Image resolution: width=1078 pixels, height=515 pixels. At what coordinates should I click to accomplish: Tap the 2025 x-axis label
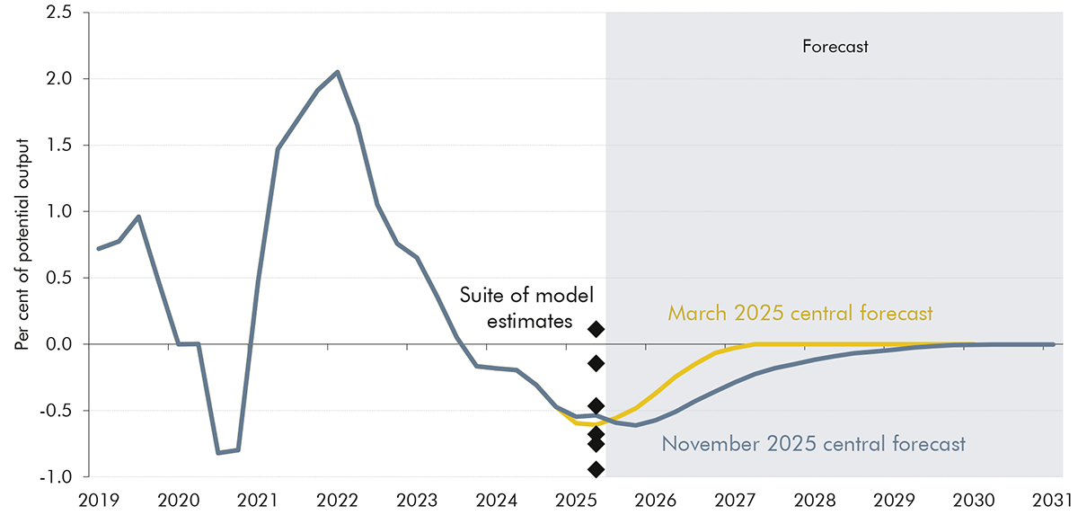(576, 498)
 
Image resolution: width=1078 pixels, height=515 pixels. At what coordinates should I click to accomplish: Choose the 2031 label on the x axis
(1056, 498)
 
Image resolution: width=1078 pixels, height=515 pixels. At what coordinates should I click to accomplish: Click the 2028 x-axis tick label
(816, 498)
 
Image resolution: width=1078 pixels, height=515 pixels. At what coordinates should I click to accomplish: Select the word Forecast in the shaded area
(835, 47)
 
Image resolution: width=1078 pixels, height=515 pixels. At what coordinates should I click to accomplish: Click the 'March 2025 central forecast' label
(800, 314)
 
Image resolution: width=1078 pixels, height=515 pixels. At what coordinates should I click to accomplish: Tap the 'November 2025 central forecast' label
(813, 443)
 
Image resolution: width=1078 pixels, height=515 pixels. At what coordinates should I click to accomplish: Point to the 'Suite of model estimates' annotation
(527, 307)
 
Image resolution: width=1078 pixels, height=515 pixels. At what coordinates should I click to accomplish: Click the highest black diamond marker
(596, 329)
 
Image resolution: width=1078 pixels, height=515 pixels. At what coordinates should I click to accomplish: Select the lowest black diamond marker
(596, 469)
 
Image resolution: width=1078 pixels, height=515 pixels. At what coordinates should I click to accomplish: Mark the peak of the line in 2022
(337, 72)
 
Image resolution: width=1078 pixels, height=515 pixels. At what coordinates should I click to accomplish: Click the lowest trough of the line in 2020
(218, 453)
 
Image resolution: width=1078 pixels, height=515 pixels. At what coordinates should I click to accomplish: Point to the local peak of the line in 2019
(138, 217)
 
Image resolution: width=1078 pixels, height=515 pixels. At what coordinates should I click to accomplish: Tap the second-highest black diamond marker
(596, 363)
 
